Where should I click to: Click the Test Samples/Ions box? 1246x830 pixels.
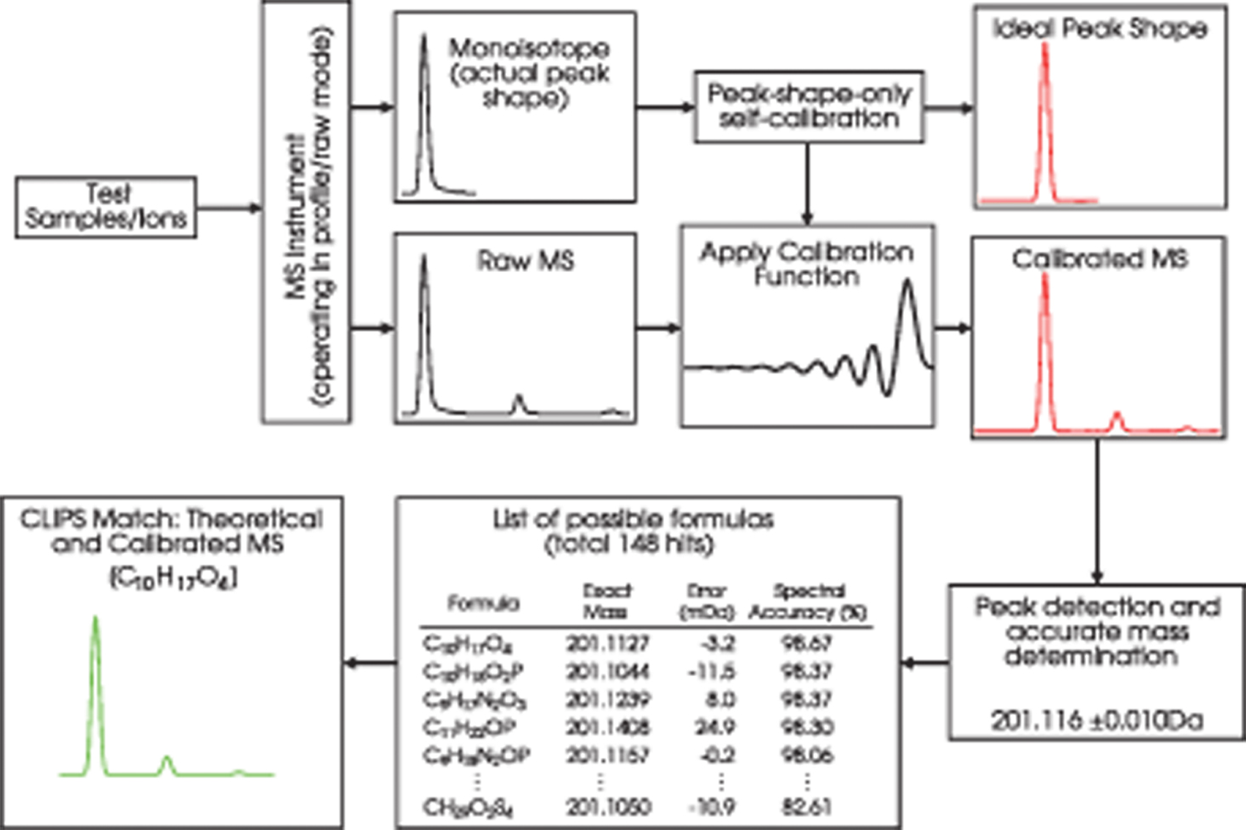coord(106,207)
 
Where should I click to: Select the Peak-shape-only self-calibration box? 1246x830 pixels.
coord(808,106)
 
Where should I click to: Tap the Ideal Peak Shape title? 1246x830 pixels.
coord(1100,29)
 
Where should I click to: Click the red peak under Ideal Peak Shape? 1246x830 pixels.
coord(1045,119)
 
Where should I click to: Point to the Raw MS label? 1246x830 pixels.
coord(526,260)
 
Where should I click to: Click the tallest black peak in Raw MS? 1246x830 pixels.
coord(424,332)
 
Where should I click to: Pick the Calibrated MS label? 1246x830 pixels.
coord(1099,259)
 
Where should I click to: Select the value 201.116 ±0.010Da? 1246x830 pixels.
coord(1097,720)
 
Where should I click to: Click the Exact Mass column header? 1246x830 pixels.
coord(606,601)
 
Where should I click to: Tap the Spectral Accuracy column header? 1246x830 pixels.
coord(807,601)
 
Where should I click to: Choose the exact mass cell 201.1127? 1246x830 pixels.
coord(607,644)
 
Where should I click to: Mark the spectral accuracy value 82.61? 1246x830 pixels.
coord(806,806)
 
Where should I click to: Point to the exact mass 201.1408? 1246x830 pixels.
coord(607,727)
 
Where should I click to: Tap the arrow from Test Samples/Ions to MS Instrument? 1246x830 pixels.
coord(229,207)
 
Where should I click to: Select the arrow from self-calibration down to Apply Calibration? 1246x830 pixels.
coord(807,183)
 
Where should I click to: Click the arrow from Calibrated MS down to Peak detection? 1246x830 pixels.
coord(1097,510)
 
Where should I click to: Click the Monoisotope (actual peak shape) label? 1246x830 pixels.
coord(529,72)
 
